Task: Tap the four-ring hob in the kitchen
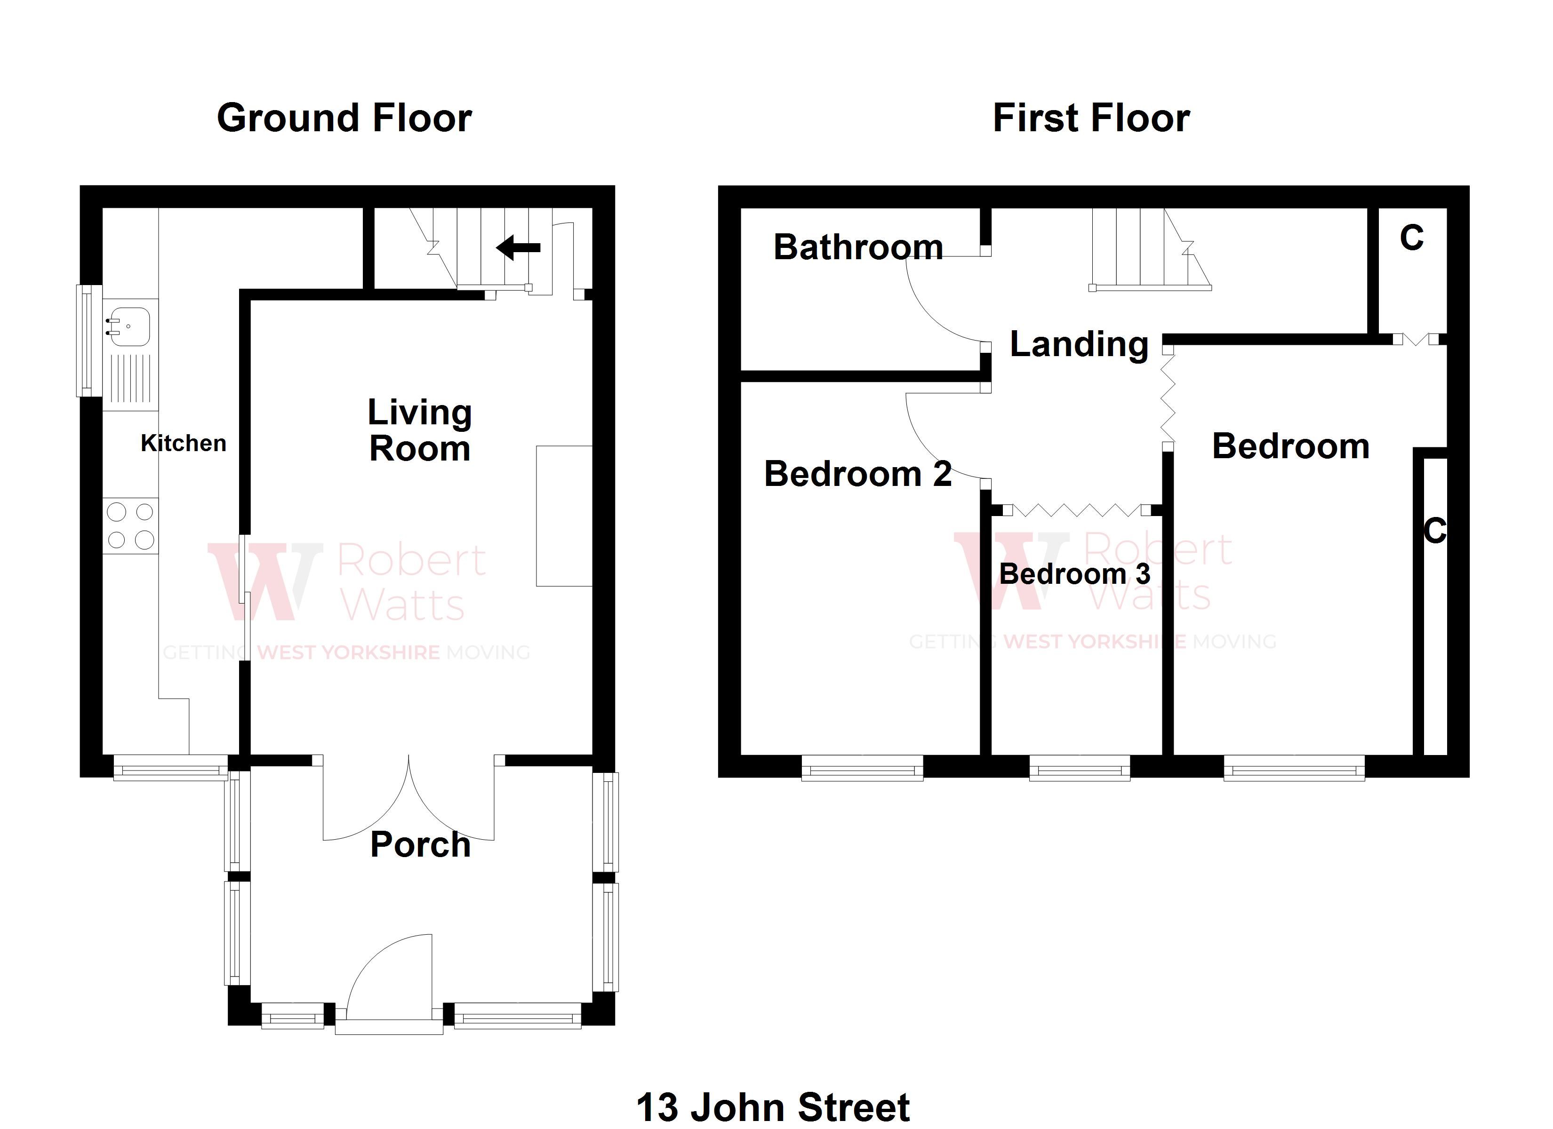[130, 526]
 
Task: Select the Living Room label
[420, 430]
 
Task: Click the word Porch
[420, 845]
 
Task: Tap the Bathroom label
[858, 247]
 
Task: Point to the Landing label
[1079, 344]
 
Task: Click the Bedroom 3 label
[1074, 574]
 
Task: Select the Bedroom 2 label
[857, 474]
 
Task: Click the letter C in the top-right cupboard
[1411, 238]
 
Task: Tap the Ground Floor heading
[344, 118]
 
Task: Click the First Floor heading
[1091, 118]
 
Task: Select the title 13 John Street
[773, 1107]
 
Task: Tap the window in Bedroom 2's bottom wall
[862, 769]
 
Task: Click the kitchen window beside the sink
[88, 340]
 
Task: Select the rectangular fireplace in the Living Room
[563, 516]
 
